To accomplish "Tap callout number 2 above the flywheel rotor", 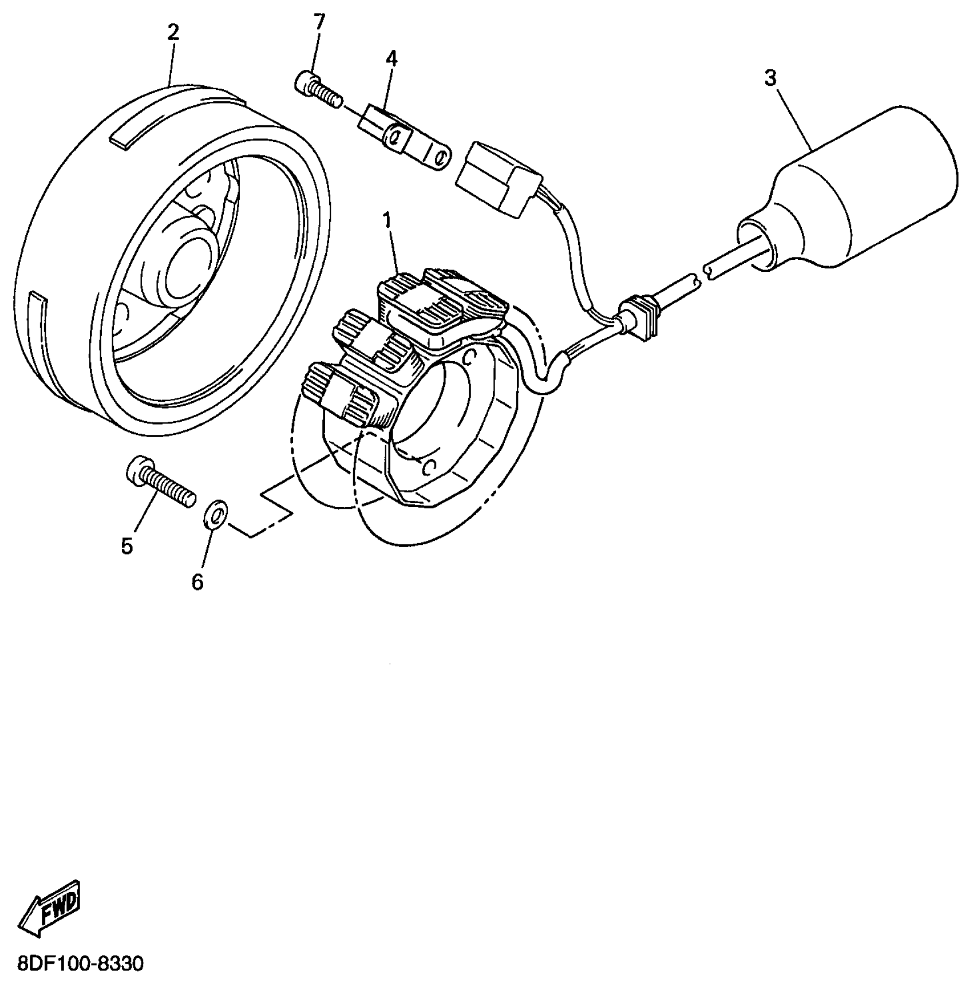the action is point(173,32).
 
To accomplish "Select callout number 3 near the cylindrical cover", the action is point(770,78).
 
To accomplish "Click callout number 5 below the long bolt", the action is point(127,546).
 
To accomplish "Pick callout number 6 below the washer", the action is point(197,581).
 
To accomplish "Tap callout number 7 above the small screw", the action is point(319,22).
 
